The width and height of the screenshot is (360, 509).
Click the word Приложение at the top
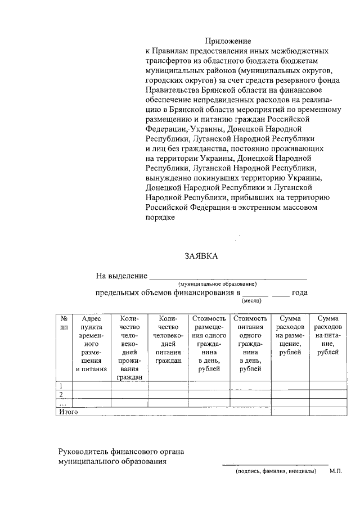tap(227, 41)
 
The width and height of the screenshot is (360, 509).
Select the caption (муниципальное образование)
tap(217, 284)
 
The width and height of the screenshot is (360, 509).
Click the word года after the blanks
tap(300, 293)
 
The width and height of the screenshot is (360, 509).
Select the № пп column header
tap(64, 322)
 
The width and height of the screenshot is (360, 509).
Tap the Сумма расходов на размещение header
tap(290, 335)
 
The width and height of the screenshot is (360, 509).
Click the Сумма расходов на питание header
tap(327, 335)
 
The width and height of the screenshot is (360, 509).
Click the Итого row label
tap(68, 412)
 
